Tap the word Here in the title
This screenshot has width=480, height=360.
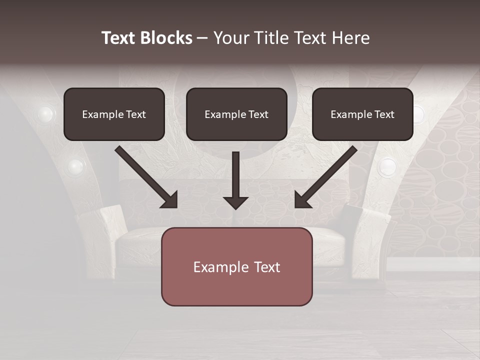point(350,38)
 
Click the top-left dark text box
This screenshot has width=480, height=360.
point(114,114)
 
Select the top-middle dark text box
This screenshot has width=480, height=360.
point(236,114)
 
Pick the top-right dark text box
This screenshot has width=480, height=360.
point(362,114)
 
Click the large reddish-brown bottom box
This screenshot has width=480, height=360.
point(236,266)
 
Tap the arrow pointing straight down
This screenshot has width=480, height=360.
point(236,180)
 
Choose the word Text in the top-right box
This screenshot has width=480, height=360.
point(384,114)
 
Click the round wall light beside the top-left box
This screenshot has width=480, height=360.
point(46,114)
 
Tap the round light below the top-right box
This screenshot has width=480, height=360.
point(387,167)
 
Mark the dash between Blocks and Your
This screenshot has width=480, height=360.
point(202,38)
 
